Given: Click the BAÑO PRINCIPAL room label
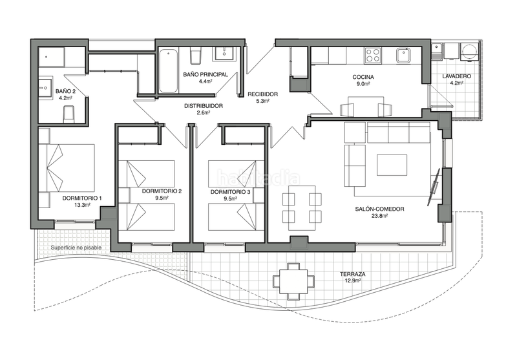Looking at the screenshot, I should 206,74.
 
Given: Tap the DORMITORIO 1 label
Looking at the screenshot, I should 82,197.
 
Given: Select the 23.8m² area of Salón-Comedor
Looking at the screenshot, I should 379,216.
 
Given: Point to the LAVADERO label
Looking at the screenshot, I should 456,76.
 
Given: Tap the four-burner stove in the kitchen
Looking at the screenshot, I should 374,56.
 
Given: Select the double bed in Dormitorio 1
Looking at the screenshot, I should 67,168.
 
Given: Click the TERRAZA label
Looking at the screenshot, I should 353,275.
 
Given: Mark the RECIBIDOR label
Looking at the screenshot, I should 262,94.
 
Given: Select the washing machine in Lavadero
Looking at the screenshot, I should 469,52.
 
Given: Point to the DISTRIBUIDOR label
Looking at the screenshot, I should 204,105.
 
